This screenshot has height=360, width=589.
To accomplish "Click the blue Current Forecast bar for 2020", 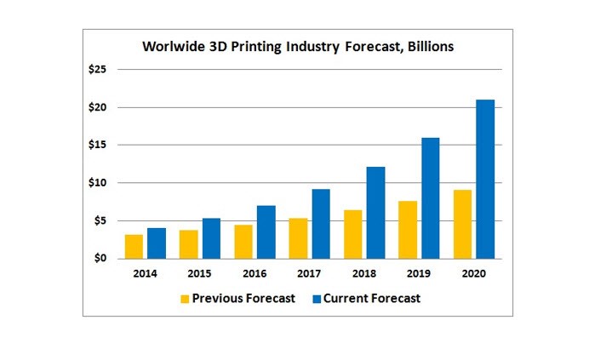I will [485, 179].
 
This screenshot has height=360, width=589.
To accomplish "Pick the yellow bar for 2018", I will [353, 234].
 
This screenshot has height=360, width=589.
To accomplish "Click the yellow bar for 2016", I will [243, 241].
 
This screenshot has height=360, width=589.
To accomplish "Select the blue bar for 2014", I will [157, 243].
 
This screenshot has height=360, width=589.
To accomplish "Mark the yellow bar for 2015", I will [189, 243].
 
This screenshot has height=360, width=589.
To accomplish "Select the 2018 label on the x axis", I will [364, 275].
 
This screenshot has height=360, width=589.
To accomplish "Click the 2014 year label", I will [145, 275].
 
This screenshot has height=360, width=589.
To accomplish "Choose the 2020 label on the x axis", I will [474, 275].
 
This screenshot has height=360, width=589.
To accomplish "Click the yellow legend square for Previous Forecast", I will [185, 299].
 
